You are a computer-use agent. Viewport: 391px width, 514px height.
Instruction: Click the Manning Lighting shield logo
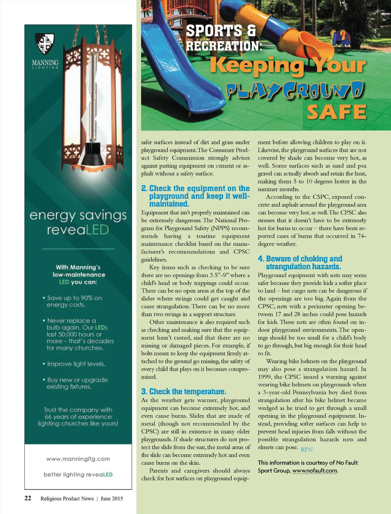[x=45, y=43]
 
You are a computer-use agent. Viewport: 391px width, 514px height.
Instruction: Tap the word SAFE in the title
[x=336, y=112]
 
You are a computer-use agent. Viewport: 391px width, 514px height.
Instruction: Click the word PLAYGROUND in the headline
[x=294, y=90]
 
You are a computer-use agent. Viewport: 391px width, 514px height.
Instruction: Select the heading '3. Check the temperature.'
[x=184, y=392]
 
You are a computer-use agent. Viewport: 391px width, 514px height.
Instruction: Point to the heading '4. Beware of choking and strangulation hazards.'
[x=300, y=263]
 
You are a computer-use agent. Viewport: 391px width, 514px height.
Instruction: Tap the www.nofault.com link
[x=315, y=471]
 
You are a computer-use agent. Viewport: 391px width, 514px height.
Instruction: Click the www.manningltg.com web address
[x=78, y=459]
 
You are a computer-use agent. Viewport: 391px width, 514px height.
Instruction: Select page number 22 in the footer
[x=28, y=498]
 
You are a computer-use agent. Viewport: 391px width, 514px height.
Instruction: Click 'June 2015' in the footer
[x=111, y=498]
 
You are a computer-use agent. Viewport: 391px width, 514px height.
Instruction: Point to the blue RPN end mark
[x=307, y=450]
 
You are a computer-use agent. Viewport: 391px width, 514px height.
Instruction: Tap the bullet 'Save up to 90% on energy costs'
[x=74, y=301]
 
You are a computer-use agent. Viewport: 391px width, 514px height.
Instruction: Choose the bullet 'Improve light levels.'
[x=76, y=364]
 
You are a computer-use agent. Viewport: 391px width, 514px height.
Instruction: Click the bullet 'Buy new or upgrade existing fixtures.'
[x=77, y=383]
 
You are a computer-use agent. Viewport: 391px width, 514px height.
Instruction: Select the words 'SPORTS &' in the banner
[x=221, y=31]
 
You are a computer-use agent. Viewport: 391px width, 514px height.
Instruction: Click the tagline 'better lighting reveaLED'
[x=78, y=475]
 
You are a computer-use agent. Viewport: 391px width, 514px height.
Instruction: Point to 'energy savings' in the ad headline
[x=78, y=215]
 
